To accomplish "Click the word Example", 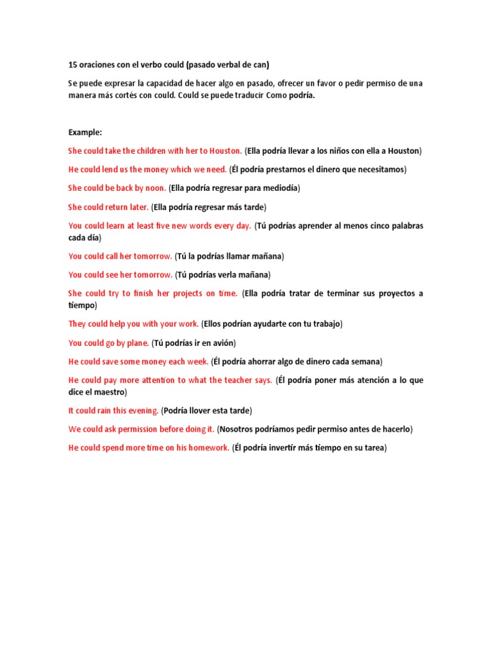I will click(85, 132).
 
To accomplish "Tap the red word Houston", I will click(226, 151).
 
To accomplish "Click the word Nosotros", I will click(238, 429).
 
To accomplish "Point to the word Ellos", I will click(215, 324).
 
